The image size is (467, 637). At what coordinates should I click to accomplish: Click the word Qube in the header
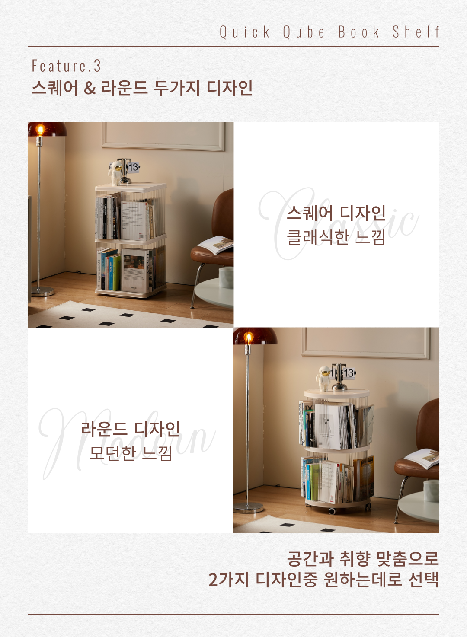[x=304, y=32]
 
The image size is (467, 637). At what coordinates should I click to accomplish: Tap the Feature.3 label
[x=66, y=66]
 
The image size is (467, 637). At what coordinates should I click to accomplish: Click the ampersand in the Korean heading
[x=90, y=88]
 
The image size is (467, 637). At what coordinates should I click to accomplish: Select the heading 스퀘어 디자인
[x=336, y=213]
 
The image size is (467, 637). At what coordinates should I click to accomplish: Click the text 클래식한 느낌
[x=336, y=237]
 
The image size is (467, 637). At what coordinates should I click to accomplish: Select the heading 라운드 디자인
[x=130, y=429]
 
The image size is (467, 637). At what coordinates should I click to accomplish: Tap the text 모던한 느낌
[x=130, y=453]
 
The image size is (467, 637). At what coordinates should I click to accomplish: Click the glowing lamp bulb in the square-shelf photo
[x=40, y=130]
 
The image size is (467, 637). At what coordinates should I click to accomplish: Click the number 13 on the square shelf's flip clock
[x=134, y=167]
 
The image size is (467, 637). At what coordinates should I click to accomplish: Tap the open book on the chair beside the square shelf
[x=216, y=244]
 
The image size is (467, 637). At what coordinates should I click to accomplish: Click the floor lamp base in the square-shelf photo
[x=42, y=291]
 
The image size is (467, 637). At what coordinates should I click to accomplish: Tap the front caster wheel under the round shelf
[x=332, y=511]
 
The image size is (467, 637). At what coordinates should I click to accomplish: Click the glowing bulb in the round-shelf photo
[x=249, y=338]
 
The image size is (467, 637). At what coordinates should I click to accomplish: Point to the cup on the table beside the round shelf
[x=431, y=491]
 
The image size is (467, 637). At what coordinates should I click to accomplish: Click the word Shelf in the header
[x=416, y=32]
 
